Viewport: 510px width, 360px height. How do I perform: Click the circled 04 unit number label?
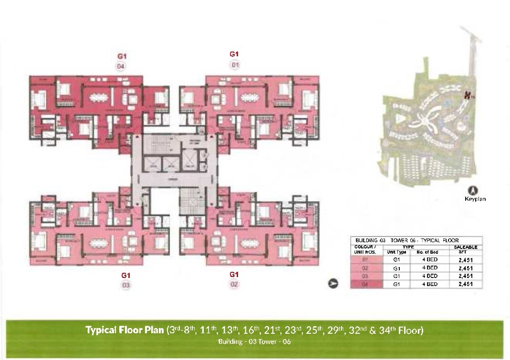pyautogui.click(x=121, y=66)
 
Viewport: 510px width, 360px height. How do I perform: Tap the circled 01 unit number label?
pyautogui.click(x=234, y=64)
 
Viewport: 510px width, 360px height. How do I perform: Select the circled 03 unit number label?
pyautogui.click(x=125, y=285)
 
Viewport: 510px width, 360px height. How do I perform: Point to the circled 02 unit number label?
pyautogui.click(x=234, y=284)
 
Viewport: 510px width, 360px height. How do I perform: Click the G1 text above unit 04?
pyautogui.click(x=121, y=56)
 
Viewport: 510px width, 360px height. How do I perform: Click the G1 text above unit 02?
pyautogui.click(x=234, y=274)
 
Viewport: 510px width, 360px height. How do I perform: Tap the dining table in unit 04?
pyautogui.click(x=100, y=96)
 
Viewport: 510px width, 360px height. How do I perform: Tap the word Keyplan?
pyautogui.click(x=475, y=199)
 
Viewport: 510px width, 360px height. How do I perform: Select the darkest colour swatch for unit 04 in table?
pyautogui.click(x=366, y=285)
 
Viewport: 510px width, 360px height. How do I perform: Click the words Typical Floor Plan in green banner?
pyautogui.click(x=125, y=330)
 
